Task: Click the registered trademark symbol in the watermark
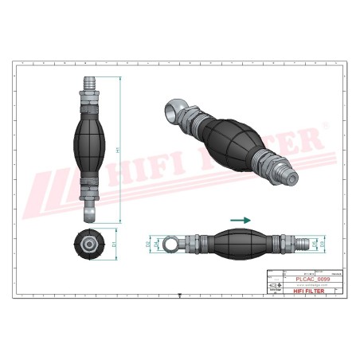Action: [x=322, y=130]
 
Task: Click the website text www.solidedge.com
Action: [x=303, y=285]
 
